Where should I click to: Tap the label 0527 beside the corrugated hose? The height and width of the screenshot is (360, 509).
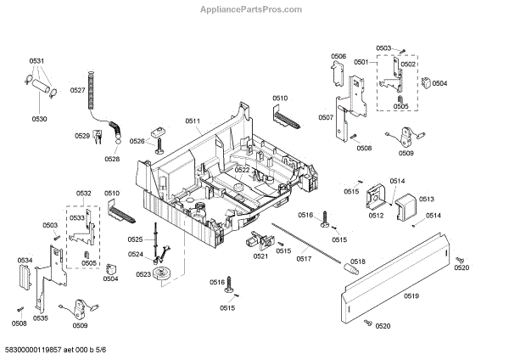77,90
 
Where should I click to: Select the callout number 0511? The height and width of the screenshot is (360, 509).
193,121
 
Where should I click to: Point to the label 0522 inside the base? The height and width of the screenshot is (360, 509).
243,170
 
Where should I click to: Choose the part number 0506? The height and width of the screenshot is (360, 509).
338,56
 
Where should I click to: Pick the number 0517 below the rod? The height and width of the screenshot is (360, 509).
303,258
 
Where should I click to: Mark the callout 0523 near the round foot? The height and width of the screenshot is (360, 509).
143,273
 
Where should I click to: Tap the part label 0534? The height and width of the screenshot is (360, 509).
25,260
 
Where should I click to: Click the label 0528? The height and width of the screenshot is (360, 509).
112,159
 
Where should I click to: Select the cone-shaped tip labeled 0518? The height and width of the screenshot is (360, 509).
347,269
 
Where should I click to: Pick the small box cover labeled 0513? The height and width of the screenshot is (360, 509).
403,208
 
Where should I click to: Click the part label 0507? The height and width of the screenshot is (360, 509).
326,117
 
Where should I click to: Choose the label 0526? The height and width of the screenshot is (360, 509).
137,142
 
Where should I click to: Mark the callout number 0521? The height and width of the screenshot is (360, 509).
260,256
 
